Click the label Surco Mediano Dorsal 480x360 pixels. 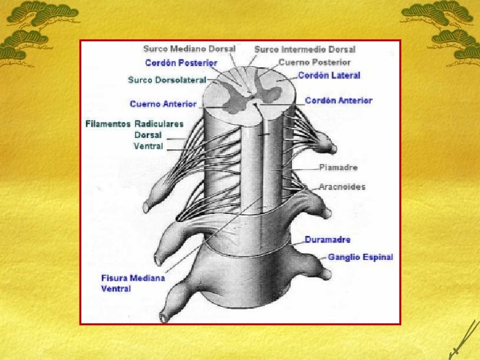[189, 49]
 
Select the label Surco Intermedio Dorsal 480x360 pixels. [305, 49]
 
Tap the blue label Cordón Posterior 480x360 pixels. [181, 63]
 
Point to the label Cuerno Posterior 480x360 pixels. [314, 62]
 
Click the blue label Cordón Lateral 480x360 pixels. [329, 75]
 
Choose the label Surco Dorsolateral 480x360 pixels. [167, 80]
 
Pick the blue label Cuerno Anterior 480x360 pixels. [163, 104]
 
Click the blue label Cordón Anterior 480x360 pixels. [339, 101]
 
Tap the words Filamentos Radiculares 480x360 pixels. [135, 124]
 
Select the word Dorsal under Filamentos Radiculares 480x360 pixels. [148, 135]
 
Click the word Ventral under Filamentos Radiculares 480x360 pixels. [148, 146]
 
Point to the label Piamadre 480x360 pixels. [338, 167]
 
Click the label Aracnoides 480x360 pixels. [342, 187]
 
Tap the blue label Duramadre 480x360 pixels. [327, 239]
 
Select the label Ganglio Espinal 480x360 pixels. [360, 257]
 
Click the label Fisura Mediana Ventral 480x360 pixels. [133, 283]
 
